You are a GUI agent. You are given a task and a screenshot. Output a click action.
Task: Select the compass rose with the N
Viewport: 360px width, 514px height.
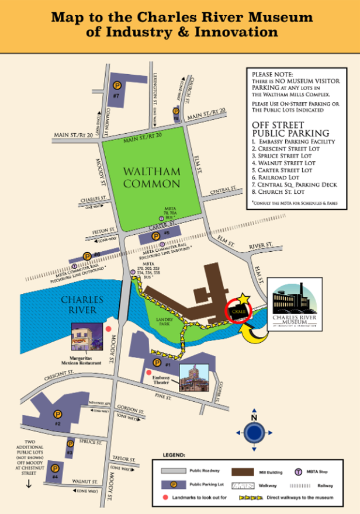tap(254, 432)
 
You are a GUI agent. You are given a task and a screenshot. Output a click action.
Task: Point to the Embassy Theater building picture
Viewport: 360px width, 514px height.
tap(193, 377)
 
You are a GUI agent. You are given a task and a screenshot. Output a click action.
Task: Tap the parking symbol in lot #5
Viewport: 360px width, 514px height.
tap(155, 237)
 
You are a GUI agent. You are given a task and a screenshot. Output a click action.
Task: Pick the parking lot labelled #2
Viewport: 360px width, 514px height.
tap(56, 412)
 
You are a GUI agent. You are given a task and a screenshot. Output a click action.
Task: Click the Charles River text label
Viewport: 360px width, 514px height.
tap(82, 305)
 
